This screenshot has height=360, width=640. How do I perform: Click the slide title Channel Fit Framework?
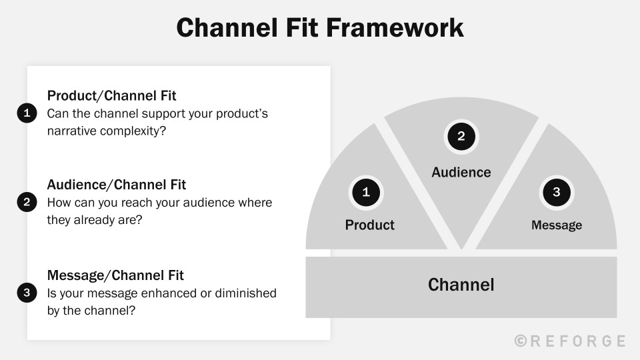point(320,28)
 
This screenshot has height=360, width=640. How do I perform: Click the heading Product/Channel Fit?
point(111,95)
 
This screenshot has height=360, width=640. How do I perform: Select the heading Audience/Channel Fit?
point(116,185)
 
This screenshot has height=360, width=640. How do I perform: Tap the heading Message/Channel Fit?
point(115,275)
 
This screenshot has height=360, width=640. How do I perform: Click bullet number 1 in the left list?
point(27,113)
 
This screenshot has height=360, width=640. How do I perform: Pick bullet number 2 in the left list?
point(27,203)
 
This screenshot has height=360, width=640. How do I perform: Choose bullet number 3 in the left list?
point(27,293)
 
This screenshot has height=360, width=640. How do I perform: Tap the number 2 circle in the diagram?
point(461,137)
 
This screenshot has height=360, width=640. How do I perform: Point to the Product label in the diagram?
point(369,225)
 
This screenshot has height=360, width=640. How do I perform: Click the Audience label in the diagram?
point(461,173)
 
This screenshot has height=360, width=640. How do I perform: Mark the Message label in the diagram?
point(556,225)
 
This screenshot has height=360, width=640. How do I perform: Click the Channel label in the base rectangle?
point(461,285)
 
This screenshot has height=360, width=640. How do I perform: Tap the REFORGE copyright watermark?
point(571,341)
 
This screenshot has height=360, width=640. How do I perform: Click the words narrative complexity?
point(106,131)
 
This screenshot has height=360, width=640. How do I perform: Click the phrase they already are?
point(94,220)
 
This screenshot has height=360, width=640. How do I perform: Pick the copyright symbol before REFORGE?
point(521,341)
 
